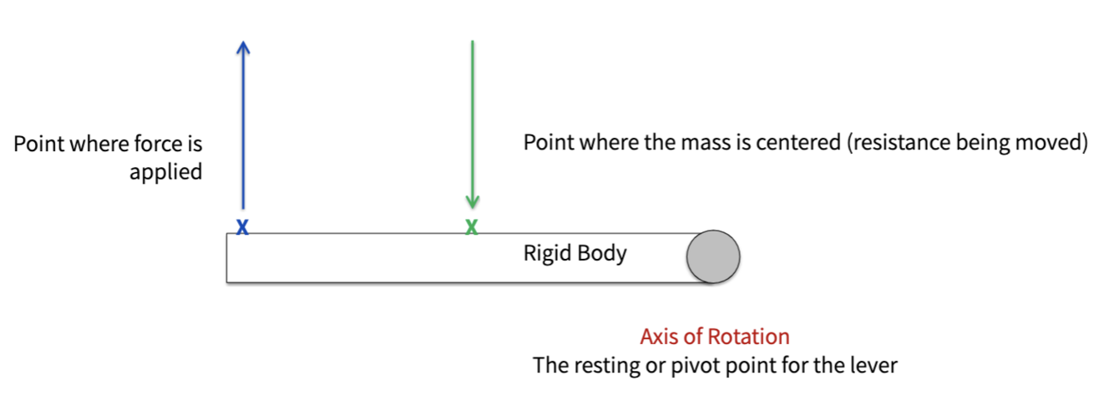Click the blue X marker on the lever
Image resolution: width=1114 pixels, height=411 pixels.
coord(242,226)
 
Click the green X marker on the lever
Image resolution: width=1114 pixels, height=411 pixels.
coord(472,226)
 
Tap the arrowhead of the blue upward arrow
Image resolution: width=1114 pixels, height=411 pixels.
coord(243,48)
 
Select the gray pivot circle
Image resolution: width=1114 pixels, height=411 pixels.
coord(713,256)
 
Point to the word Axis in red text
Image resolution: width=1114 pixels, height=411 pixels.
coord(657,337)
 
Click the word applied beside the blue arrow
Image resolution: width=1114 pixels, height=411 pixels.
coord(166,172)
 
